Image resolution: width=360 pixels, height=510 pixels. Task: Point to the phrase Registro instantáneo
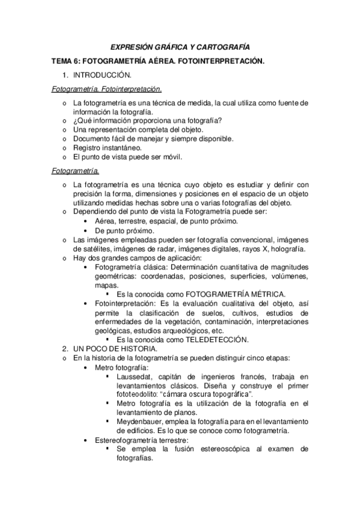tap(108, 147)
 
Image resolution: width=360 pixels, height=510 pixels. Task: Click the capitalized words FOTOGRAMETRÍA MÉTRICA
tap(235, 294)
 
